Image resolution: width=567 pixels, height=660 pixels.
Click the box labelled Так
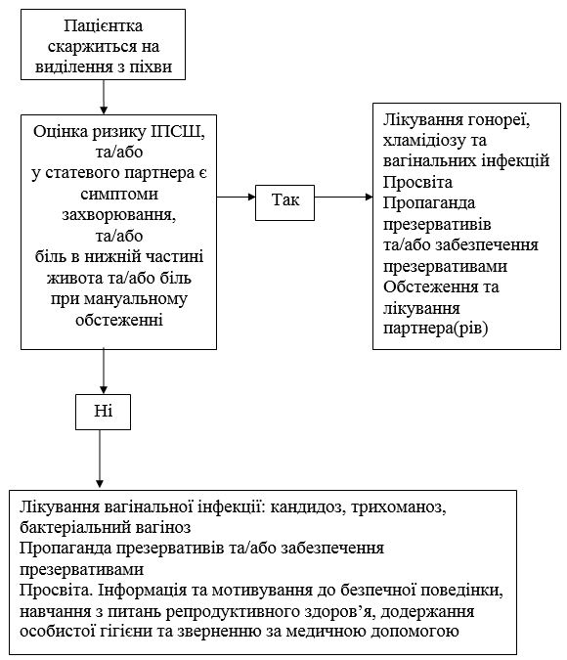pyautogui.click(x=284, y=202)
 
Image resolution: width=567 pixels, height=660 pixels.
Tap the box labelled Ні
pyautogui.click(x=103, y=412)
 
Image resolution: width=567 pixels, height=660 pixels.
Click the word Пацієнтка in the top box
pyautogui.click(x=103, y=25)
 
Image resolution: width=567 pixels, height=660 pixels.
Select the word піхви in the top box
pyautogui.click(x=151, y=66)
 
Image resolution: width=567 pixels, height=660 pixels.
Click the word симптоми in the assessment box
pyautogui.click(x=119, y=194)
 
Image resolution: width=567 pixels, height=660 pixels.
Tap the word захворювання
pyautogui.click(x=119, y=215)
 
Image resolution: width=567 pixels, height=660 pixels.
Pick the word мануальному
pyautogui.click(x=136, y=299)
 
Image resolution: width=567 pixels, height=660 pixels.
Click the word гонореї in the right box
pyautogui.click(x=498, y=120)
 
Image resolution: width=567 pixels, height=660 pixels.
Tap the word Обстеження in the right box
pyautogui.click(x=430, y=287)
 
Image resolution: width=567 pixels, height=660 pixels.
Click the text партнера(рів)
pyautogui.click(x=435, y=329)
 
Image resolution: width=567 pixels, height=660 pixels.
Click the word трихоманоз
pyautogui.click(x=398, y=507)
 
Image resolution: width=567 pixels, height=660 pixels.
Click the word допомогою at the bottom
pyautogui.click(x=414, y=633)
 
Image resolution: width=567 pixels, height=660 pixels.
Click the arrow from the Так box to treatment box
pyautogui.click(x=343, y=197)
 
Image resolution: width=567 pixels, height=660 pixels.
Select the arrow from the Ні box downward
pyautogui.click(x=100, y=459)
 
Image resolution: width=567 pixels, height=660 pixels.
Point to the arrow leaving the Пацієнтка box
pyautogui.click(x=104, y=97)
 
